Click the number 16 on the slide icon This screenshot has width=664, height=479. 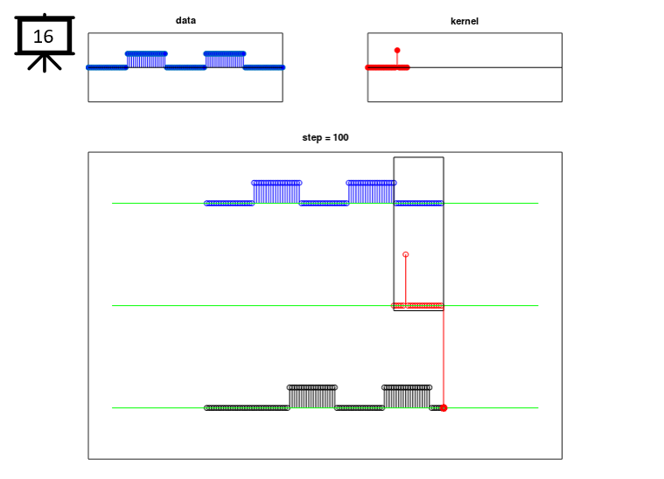43,37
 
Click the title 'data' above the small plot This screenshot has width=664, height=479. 185,20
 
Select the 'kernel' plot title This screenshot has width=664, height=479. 465,21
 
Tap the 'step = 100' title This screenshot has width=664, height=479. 325,137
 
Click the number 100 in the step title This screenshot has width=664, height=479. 340,137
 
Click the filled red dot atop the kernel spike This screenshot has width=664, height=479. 397,51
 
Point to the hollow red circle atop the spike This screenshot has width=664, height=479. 406,254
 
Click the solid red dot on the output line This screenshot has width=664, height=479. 444,408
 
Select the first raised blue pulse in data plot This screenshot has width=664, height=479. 146,59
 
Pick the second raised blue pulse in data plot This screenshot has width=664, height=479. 225,59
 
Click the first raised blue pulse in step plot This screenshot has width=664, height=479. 276,192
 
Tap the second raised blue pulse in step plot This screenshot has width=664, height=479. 372,192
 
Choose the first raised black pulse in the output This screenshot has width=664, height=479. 312,397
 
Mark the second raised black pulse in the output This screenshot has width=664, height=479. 407,397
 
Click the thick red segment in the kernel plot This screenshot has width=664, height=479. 387,67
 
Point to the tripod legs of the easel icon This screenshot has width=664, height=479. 45,63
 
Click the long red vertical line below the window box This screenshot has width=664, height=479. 444,358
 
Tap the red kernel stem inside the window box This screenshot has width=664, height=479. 406,281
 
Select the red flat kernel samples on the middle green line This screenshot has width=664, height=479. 417,306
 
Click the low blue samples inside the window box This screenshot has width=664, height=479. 419,204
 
